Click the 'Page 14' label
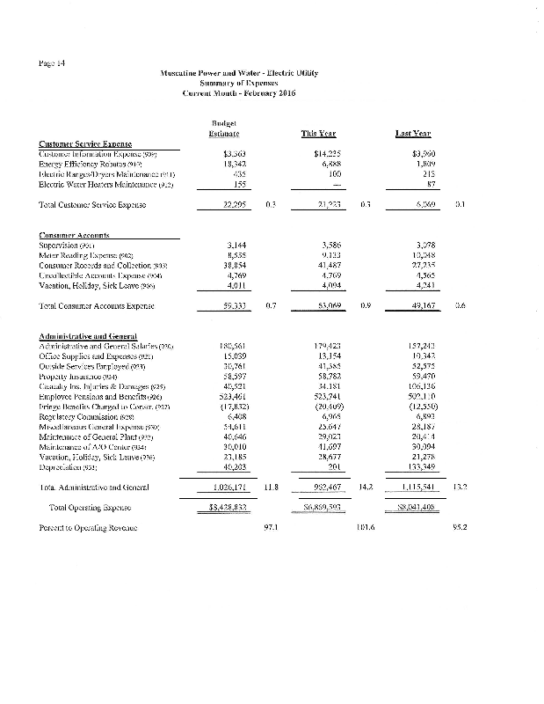(52, 61)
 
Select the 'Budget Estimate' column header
(226, 128)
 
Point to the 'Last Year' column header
(411, 134)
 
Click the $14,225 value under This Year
(327, 153)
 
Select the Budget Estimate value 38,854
(228, 265)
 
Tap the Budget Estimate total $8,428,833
(224, 531)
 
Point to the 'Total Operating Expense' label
(111, 532)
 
